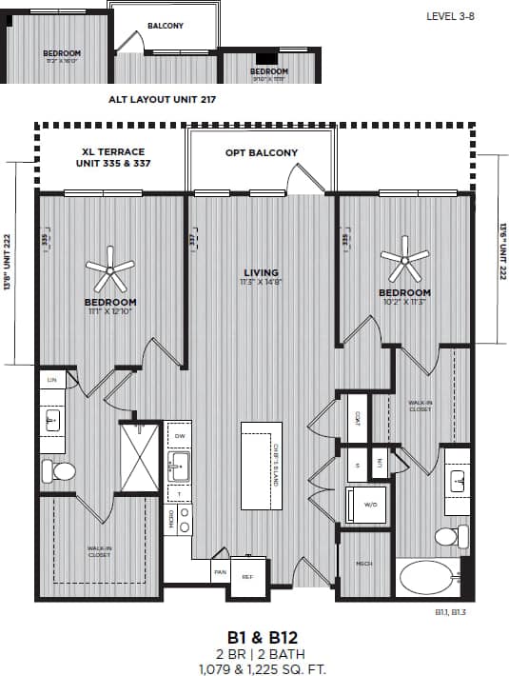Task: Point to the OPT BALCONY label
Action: click(261, 152)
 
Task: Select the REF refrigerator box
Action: click(247, 575)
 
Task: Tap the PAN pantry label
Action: click(219, 572)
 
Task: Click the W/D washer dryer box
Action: click(365, 504)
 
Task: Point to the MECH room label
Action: click(363, 565)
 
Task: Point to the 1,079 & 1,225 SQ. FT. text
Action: click(255, 669)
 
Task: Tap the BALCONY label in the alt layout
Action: click(166, 25)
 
